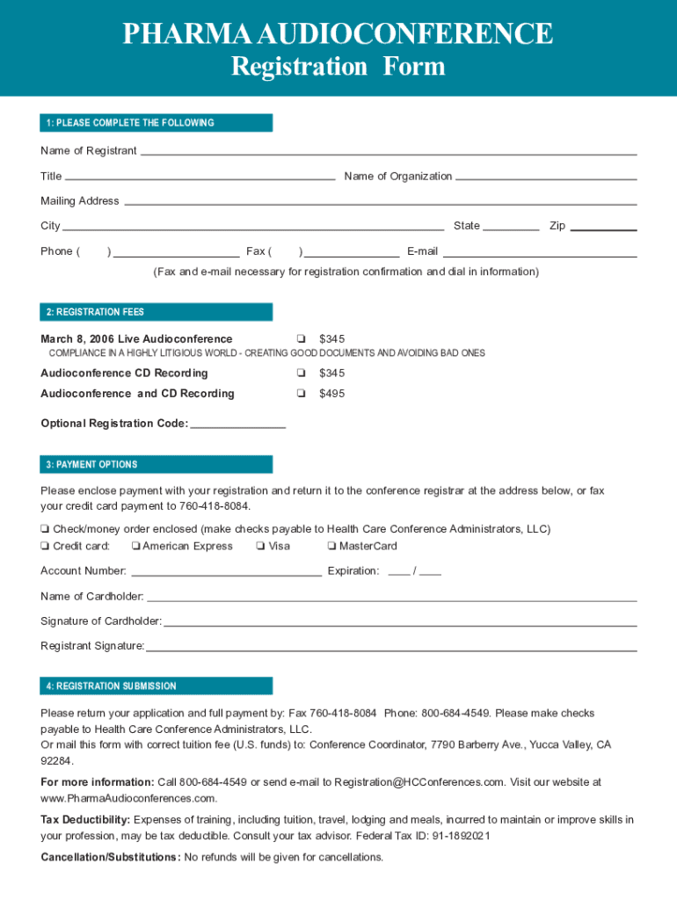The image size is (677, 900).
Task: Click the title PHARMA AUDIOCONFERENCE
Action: coord(338,34)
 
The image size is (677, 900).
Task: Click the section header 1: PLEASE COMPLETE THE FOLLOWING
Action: coord(130,123)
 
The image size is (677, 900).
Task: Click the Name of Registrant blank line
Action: coord(388,153)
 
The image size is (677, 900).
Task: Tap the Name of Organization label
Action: coord(397,177)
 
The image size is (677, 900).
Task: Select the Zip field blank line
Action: coord(603,229)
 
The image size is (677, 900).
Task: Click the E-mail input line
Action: coord(540,255)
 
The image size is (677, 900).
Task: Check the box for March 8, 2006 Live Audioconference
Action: coord(301,339)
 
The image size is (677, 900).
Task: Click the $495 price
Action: coord(331,394)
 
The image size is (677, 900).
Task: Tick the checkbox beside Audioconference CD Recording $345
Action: coord(301,374)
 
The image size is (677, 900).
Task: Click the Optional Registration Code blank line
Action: coord(237,426)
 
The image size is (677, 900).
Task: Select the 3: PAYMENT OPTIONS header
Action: coord(92,464)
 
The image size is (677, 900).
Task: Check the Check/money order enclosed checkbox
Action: coord(45,530)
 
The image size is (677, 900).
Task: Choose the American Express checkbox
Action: coord(135,547)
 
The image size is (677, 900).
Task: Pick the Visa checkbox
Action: coord(261,547)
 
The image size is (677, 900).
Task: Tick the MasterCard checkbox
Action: coord(331,547)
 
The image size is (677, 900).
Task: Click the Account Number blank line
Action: coord(225,574)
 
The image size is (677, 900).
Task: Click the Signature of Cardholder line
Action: coord(400,624)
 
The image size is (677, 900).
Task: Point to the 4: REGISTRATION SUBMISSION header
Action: coord(112,686)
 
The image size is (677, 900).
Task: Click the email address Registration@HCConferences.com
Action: coord(419,782)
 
